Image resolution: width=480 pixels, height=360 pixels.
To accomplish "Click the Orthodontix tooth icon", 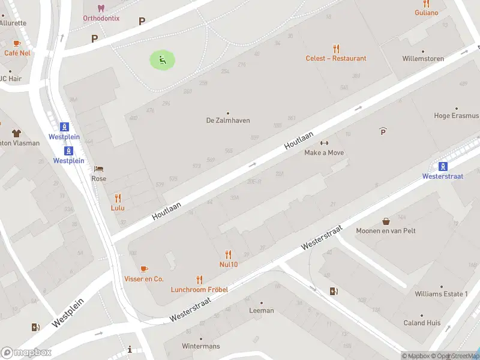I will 101,8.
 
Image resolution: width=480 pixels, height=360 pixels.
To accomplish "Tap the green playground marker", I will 162,59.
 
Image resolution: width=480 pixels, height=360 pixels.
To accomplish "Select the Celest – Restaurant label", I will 336,58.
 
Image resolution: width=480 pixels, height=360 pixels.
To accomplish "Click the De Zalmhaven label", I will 228,120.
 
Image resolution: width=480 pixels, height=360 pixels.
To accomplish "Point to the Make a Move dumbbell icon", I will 325,143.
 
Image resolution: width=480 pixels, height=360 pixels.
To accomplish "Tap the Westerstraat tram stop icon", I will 443,167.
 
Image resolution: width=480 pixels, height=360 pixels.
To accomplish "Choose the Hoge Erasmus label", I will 457,116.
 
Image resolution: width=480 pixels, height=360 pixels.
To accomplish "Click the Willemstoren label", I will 423,59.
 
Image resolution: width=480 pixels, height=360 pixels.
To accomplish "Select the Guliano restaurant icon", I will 426,4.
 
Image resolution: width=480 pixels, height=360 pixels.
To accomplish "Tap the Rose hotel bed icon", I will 98,169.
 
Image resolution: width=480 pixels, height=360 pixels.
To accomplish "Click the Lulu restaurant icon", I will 118,198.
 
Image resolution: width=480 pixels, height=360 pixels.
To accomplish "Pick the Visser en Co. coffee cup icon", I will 144,269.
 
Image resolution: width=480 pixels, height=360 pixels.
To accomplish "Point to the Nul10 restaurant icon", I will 228,254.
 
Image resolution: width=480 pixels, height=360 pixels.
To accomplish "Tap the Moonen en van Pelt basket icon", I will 386,221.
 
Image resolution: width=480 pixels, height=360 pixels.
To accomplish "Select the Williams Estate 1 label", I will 440,294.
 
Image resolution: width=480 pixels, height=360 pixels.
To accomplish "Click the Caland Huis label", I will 422,323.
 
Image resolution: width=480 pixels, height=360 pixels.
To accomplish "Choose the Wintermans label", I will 201,346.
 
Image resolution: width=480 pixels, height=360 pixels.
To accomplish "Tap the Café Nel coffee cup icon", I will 17,43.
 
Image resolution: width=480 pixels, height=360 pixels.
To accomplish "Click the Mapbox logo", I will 26,353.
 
